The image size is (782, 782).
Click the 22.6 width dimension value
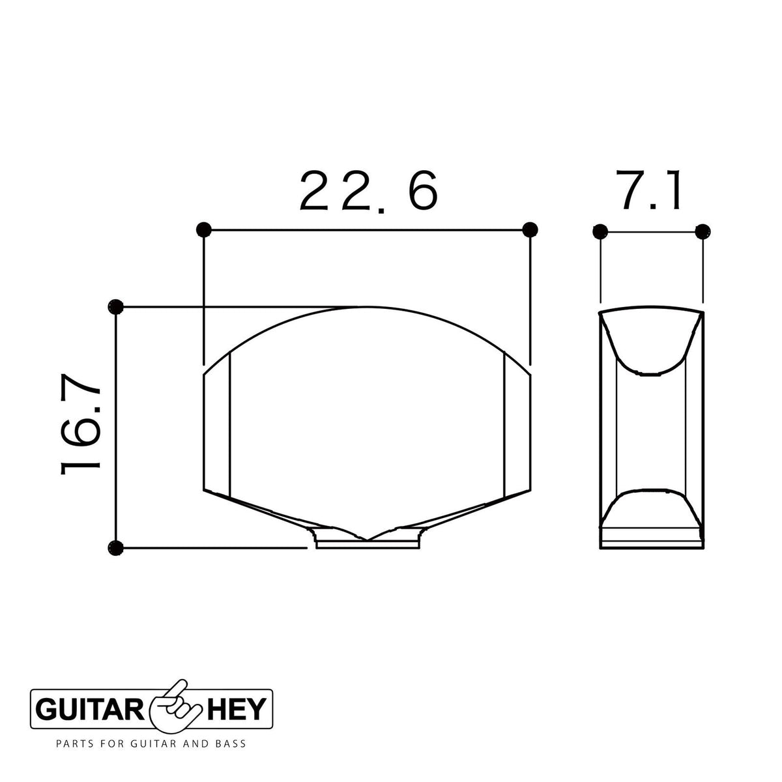coord(368,190)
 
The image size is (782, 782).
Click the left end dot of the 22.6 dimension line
coord(203,229)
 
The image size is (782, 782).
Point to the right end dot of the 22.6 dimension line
coord(530,229)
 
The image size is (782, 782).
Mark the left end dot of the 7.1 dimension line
coord(600,232)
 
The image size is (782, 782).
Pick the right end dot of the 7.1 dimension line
coord(703,232)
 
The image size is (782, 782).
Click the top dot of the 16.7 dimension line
coord(115,307)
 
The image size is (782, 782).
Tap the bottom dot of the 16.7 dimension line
coord(115,548)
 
